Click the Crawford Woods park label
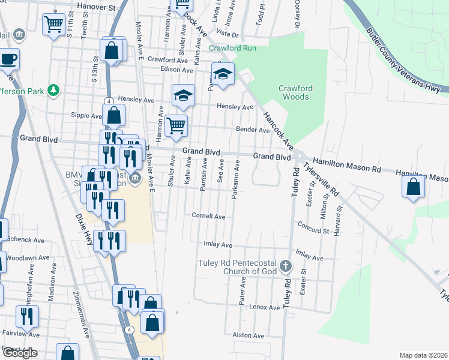295,92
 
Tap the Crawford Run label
232,48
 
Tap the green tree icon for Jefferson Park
54,90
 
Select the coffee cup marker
8,59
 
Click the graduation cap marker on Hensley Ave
184,95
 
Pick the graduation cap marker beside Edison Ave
223,74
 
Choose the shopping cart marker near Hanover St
53,25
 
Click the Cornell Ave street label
208,216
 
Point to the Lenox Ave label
265,307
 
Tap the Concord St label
313,227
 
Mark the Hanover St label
97,8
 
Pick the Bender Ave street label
252,130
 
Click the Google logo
20,353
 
